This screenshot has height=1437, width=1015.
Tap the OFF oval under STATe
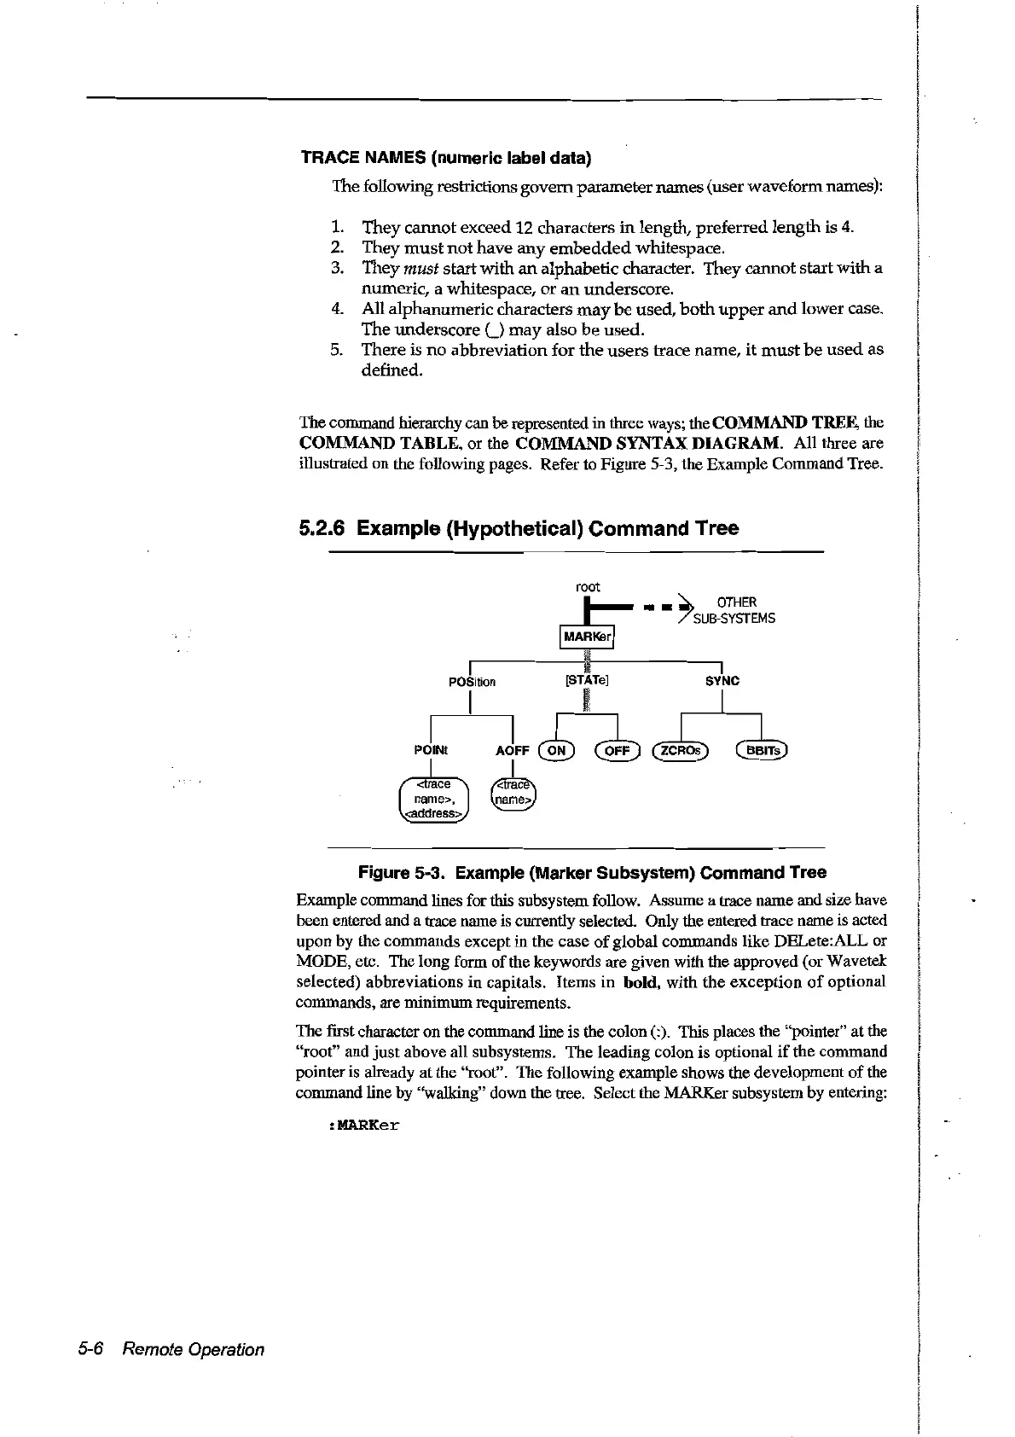tap(617, 750)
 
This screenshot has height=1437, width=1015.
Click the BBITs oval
tap(762, 750)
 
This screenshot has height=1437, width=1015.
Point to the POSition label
tap(472, 682)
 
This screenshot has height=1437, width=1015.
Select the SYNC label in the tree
tap(722, 681)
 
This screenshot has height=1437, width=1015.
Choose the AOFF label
tap(512, 751)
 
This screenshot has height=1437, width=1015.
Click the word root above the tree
tap(588, 587)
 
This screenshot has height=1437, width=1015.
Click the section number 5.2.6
tap(322, 528)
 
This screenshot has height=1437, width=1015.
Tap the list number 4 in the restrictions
tap(336, 309)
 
